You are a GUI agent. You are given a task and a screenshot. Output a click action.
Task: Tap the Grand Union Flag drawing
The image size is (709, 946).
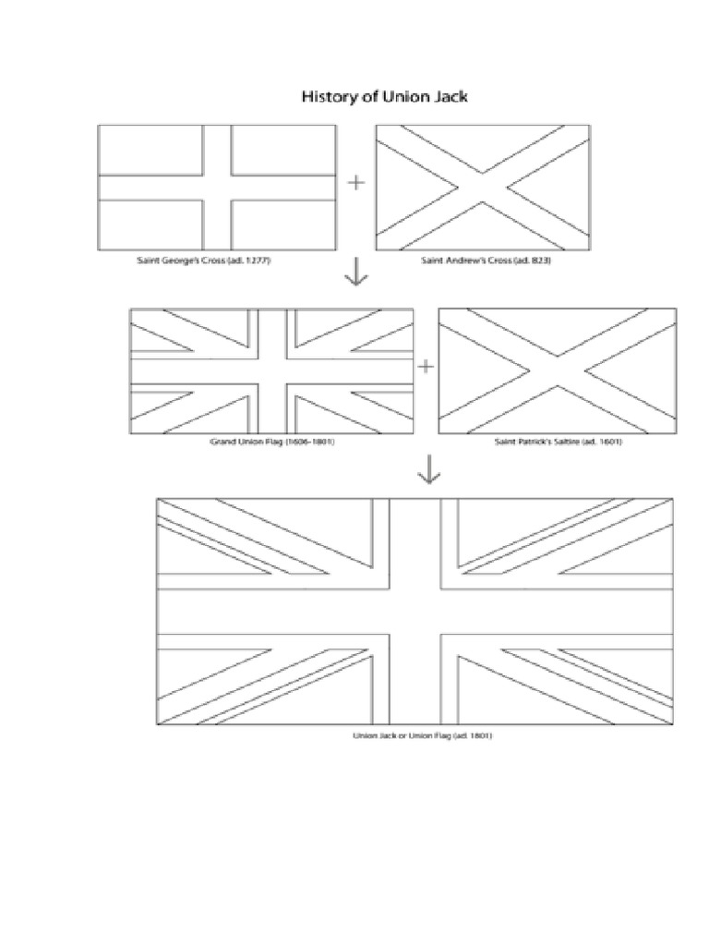271,371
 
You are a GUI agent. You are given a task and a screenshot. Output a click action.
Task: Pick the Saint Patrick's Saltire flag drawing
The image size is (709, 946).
557,371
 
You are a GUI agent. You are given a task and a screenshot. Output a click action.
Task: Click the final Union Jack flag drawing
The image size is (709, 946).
415,612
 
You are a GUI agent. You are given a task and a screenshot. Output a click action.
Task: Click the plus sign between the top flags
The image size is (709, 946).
355,183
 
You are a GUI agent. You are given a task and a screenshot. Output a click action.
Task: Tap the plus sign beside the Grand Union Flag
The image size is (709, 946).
426,367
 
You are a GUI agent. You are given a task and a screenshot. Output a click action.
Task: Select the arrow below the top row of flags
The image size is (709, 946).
355,273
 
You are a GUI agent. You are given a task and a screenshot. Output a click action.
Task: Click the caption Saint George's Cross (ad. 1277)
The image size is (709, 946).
204,261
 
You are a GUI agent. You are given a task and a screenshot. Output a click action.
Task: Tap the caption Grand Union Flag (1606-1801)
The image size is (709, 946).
271,443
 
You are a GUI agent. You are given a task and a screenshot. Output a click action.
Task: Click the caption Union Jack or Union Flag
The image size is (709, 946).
415,735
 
